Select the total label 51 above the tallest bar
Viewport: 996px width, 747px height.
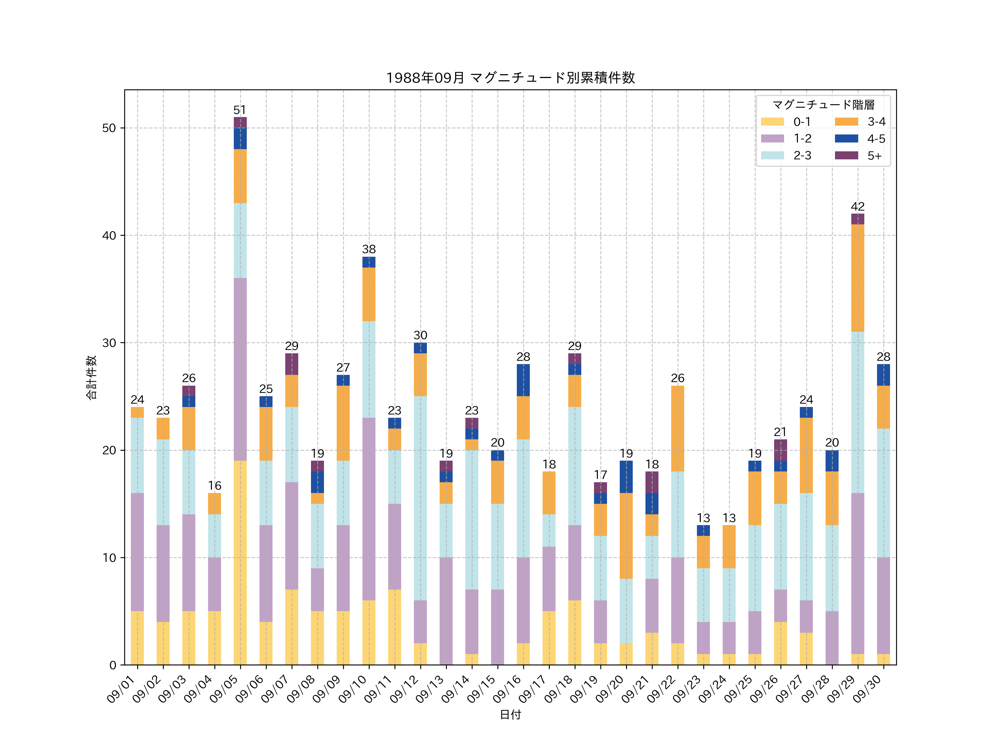pyautogui.click(x=240, y=110)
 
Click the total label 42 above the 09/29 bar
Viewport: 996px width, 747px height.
pyautogui.click(x=857, y=207)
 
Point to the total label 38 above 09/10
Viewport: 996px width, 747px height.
pyautogui.click(x=369, y=250)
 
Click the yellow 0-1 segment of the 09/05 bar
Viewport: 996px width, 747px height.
pyautogui.click(x=240, y=563)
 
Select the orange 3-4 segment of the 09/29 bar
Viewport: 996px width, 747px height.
pyautogui.click(x=857, y=278)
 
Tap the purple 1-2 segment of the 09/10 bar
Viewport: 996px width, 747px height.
pyautogui.click(x=369, y=509)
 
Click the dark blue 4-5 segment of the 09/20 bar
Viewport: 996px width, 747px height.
pyautogui.click(x=626, y=477)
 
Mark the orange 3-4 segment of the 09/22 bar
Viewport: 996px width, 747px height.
pyautogui.click(x=677, y=429)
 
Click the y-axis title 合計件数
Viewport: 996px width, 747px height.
pyautogui.click(x=91, y=377)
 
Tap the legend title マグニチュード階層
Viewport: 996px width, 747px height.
pyautogui.click(x=823, y=105)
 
